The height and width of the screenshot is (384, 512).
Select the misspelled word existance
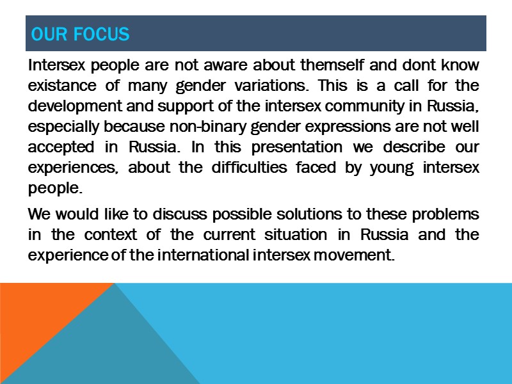click(x=57, y=85)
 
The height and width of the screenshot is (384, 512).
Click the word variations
click(x=273, y=85)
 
